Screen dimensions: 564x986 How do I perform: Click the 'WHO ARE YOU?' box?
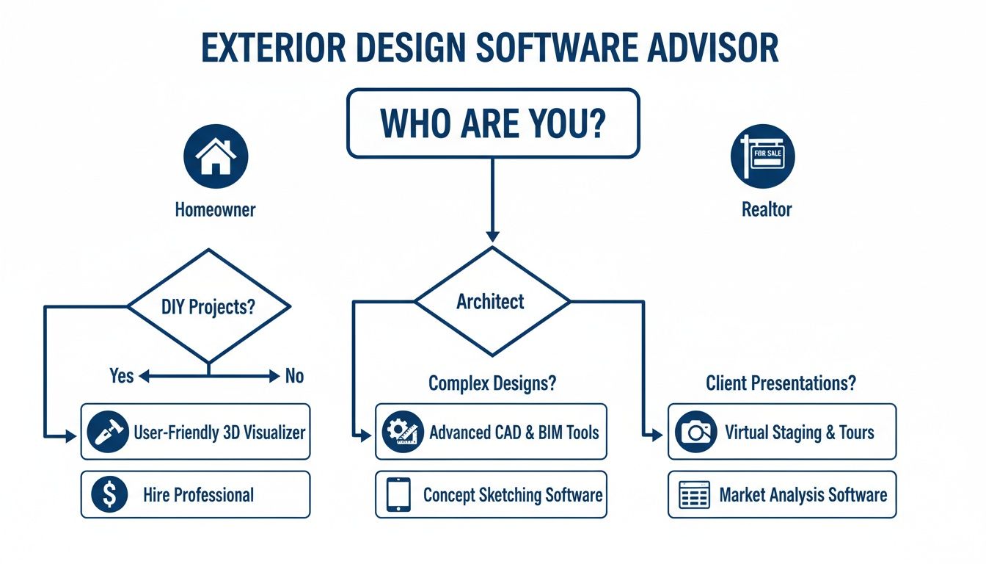point(492,123)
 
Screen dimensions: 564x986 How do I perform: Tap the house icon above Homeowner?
point(215,156)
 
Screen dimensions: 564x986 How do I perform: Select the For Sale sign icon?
point(762,156)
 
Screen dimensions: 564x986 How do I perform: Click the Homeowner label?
point(215,209)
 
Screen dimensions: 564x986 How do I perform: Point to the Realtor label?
point(767,209)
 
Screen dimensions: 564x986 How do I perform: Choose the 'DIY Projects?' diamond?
point(208,306)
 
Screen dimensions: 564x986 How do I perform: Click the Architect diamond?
point(492,301)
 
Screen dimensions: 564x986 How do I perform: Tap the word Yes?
point(121,376)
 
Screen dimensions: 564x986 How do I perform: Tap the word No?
point(294,377)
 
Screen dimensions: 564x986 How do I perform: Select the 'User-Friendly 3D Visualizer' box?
point(195,432)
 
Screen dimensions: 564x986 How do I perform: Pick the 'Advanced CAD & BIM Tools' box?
point(491,432)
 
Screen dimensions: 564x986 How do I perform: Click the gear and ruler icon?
point(403,432)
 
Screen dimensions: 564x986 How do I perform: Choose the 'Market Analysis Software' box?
point(782,495)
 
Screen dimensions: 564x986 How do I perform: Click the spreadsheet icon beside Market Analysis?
point(693,495)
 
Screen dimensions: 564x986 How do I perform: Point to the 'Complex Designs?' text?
point(492,383)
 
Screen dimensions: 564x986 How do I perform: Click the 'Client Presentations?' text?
point(781,383)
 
